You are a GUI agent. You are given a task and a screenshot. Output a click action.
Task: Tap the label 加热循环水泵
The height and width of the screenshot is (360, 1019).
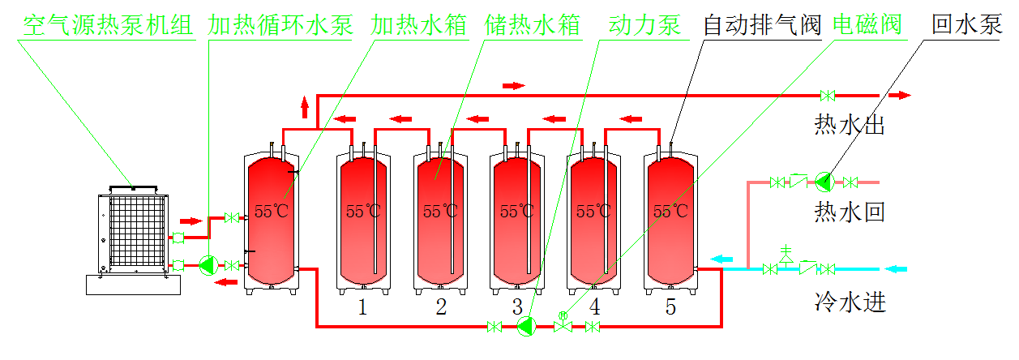point(280,25)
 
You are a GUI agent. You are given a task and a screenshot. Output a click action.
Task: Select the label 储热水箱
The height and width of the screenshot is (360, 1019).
point(533,25)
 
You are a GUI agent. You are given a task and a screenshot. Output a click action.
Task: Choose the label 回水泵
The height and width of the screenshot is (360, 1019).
point(967,25)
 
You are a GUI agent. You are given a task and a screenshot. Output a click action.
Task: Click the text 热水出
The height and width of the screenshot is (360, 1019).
point(849,126)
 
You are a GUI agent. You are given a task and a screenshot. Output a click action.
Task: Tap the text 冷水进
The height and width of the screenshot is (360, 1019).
point(849,303)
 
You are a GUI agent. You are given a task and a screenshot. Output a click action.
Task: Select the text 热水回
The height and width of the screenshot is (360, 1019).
point(849,212)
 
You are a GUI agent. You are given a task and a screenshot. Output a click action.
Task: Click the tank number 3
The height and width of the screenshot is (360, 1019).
point(517,307)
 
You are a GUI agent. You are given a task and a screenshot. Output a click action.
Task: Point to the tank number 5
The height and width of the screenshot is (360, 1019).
point(670,307)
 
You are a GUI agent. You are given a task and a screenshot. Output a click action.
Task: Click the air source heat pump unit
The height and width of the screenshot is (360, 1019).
point(134,231)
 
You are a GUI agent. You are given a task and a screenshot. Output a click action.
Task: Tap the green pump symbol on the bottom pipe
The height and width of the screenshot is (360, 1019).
point(526,327)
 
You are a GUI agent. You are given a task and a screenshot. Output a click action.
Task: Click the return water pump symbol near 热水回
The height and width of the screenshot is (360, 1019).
point(824,181)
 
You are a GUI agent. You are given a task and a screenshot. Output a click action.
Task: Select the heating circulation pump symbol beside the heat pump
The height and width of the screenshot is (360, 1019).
point(208,265)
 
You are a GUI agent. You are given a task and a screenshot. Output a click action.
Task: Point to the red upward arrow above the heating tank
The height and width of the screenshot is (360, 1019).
point(306,106)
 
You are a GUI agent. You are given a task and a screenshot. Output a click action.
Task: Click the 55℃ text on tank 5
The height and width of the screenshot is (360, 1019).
point(670,212)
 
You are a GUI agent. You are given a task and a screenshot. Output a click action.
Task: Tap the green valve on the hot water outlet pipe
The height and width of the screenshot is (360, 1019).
point(828,96)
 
